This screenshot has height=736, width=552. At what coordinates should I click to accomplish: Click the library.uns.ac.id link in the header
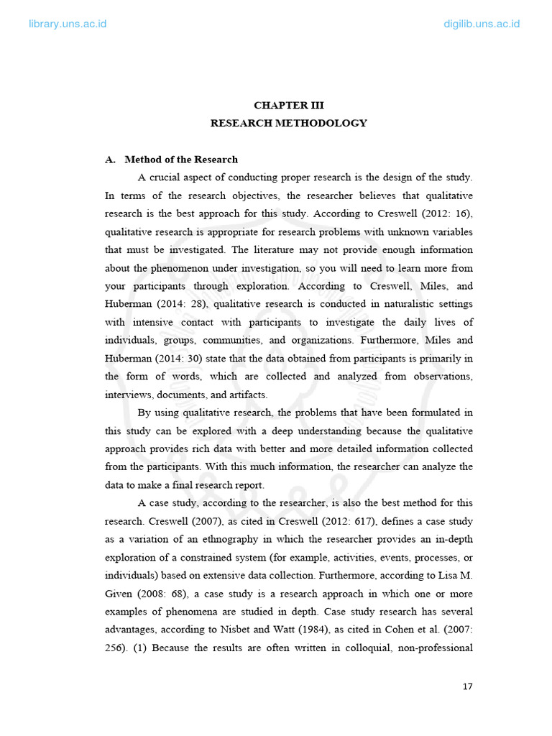click(68, 24)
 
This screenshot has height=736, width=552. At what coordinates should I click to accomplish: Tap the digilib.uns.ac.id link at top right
click(482, 24)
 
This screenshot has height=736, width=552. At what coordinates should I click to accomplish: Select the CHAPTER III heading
click(288, 105)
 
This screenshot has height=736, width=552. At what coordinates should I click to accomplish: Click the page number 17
click(468, 686)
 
